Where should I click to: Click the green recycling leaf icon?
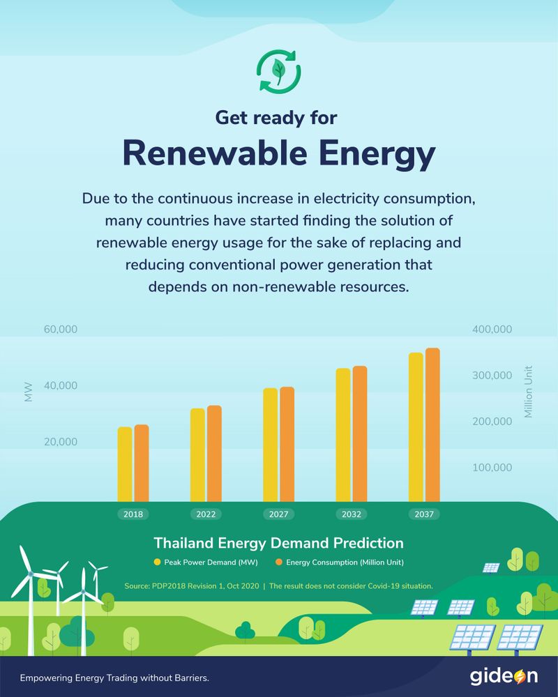tap(279, 70)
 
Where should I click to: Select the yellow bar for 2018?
tap(125, 464)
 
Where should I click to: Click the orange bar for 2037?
tap(432, 425)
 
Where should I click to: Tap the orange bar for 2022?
tap(214, 453)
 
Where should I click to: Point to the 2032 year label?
tap(352, 514)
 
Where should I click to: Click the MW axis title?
tap(29, 393)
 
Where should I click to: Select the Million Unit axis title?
tap(528, 392)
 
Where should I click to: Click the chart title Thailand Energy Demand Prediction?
tap(278, 542)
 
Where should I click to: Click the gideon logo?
tap(504, 677)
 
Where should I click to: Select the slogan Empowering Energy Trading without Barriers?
tap(115, 677)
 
